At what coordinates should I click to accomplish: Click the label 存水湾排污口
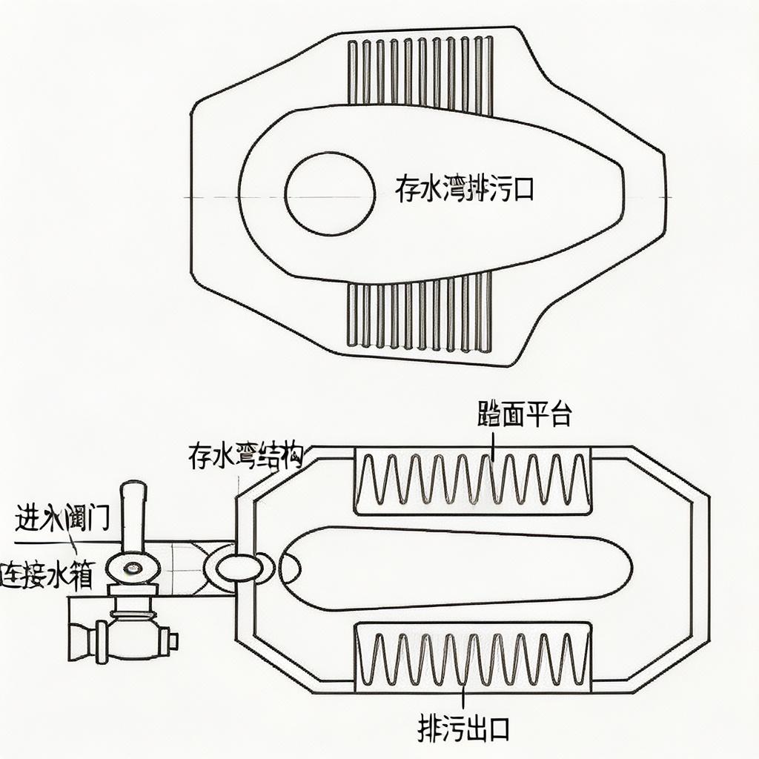tap(464, 190)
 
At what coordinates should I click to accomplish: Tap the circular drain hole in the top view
tap(330, 193)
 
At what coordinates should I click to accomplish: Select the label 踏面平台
tap(524, 415)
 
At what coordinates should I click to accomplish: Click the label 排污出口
tap(463, 729)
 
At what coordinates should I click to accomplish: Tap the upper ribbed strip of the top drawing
tap(420, 72)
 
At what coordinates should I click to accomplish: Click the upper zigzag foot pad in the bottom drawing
tap(473, 481)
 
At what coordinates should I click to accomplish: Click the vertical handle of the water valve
tap(133, 519)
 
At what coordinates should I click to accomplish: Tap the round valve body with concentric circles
tap(133, 569)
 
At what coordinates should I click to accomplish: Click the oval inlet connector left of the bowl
tap(239, 568)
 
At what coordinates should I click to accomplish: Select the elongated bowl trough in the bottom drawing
tap(456, 568)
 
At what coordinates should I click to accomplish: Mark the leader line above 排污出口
tap(463, 697)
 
